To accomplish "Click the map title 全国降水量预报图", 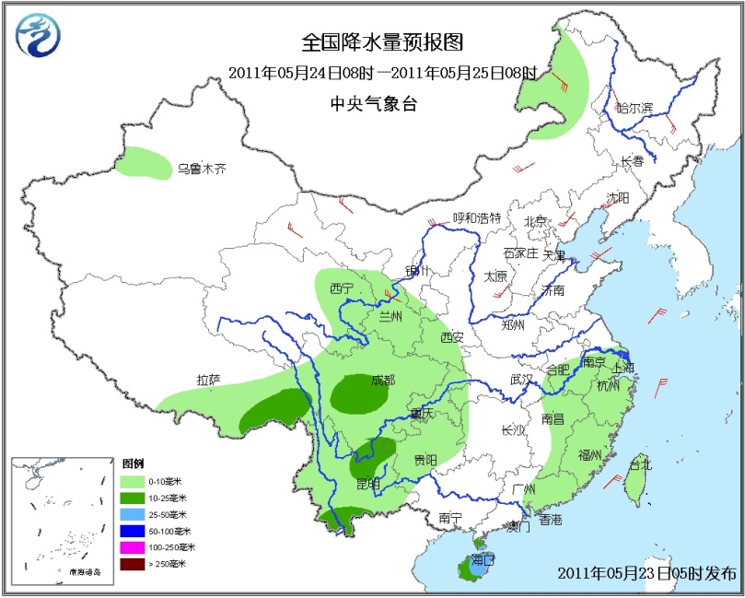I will coord(381,42).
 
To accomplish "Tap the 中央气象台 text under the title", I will coord(373,104).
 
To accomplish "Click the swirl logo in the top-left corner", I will coord(40,37).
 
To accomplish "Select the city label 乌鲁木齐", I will coord(202,169).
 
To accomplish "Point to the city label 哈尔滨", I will coord(634,108).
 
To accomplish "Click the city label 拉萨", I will coord(208,379).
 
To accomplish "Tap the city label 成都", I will coord(383,380).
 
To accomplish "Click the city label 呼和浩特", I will coord(476,218).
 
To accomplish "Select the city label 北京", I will coord(535,220).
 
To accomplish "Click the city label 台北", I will coord(639,463).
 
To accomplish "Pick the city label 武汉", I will coord(522,379).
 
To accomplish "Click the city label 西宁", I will coord(342,288).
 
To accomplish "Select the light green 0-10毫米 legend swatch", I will coord(133,481).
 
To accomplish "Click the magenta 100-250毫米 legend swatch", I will coord(133,547).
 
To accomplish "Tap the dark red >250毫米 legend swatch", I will coord(133,564).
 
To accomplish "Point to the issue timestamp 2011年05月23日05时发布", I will coord(646,573).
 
